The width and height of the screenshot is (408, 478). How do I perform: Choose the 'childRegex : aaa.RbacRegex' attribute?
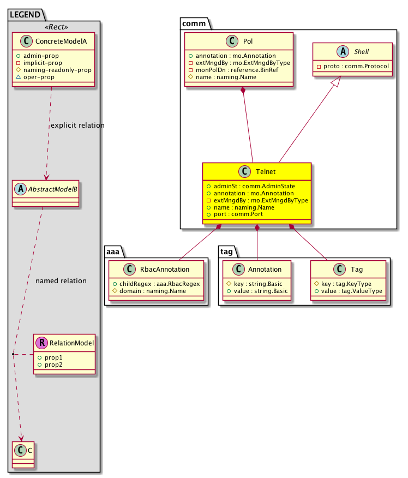160,284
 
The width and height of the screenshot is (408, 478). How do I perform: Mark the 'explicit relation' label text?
77,126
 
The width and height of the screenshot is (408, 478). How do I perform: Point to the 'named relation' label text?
61,281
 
